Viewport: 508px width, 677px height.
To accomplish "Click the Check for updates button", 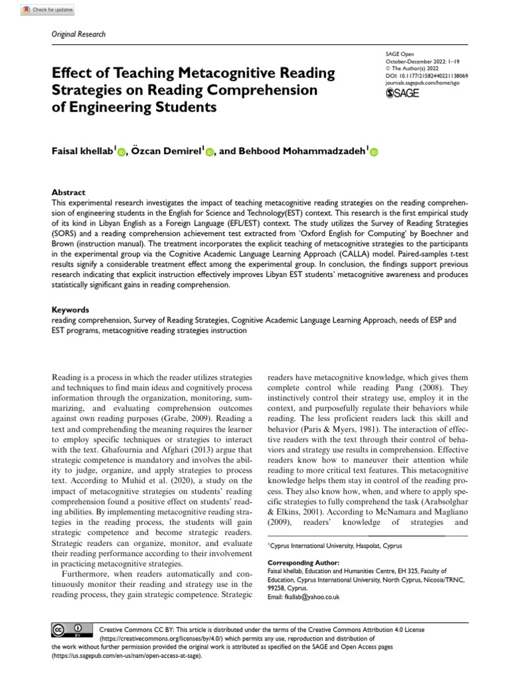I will pyautogui.click(x=47, y=11).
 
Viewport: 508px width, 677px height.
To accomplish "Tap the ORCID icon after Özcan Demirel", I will pyautogui.click(x=210, y=153).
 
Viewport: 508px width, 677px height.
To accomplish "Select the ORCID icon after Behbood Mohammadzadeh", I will pyautogui.click(x=373, y=153).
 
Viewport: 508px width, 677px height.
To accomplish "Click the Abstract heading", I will pyautogui.click(x=68, y=192).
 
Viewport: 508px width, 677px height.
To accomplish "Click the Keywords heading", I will pyautogui.click(x=70, y=309).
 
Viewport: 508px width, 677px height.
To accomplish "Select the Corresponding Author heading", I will pyautogui.click(x=304, y=562).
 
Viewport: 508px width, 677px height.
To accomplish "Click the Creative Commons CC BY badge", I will pyautogui.click(x=70, y=629).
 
